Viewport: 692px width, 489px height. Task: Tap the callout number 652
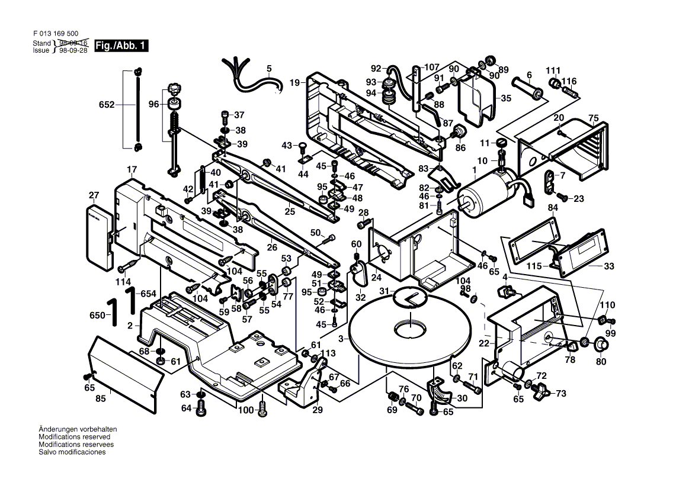tap(107, 105)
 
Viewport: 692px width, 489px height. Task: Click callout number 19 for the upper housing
tap(294, 83)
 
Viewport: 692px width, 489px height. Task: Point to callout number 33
tap(609, 267)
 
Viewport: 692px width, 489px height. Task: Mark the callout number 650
tap(97, 317)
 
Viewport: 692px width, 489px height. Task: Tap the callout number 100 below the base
tap(245, 410)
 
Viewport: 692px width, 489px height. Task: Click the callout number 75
tap(594, 117)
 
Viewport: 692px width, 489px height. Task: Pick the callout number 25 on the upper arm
tap(290, 211)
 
